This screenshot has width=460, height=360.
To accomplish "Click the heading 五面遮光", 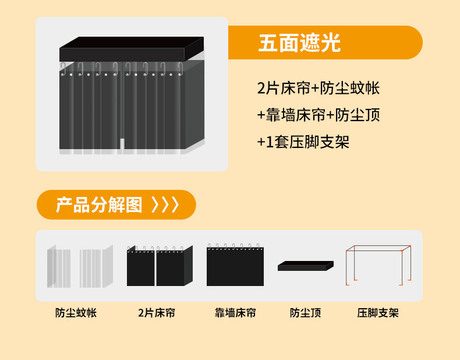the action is click(299, 43).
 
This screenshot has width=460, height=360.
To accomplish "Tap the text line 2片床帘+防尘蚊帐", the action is click(318, 89).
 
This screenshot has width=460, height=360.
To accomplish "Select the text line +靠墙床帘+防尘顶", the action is click(318, 115).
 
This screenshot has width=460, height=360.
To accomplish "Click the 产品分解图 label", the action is click(99, 205).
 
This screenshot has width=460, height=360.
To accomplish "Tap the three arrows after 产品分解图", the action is click(165, 205).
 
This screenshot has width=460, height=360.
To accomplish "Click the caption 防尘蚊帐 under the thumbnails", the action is click(76, 313).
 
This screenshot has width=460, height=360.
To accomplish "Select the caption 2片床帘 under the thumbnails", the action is click(157, 313).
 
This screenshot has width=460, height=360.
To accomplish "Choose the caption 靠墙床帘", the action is click(235, 313).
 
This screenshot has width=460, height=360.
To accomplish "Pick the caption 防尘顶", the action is click(306, 313).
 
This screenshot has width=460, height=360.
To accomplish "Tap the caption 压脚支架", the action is click(378, 313).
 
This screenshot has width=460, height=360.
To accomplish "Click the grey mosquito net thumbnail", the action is click(80, 267).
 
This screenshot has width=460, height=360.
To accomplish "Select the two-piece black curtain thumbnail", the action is click(159, 266).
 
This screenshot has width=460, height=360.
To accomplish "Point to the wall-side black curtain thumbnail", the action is click(235, 266).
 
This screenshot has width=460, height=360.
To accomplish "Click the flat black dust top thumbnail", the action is click(305, 266).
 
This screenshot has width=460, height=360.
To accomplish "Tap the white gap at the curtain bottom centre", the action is click(122, 145).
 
